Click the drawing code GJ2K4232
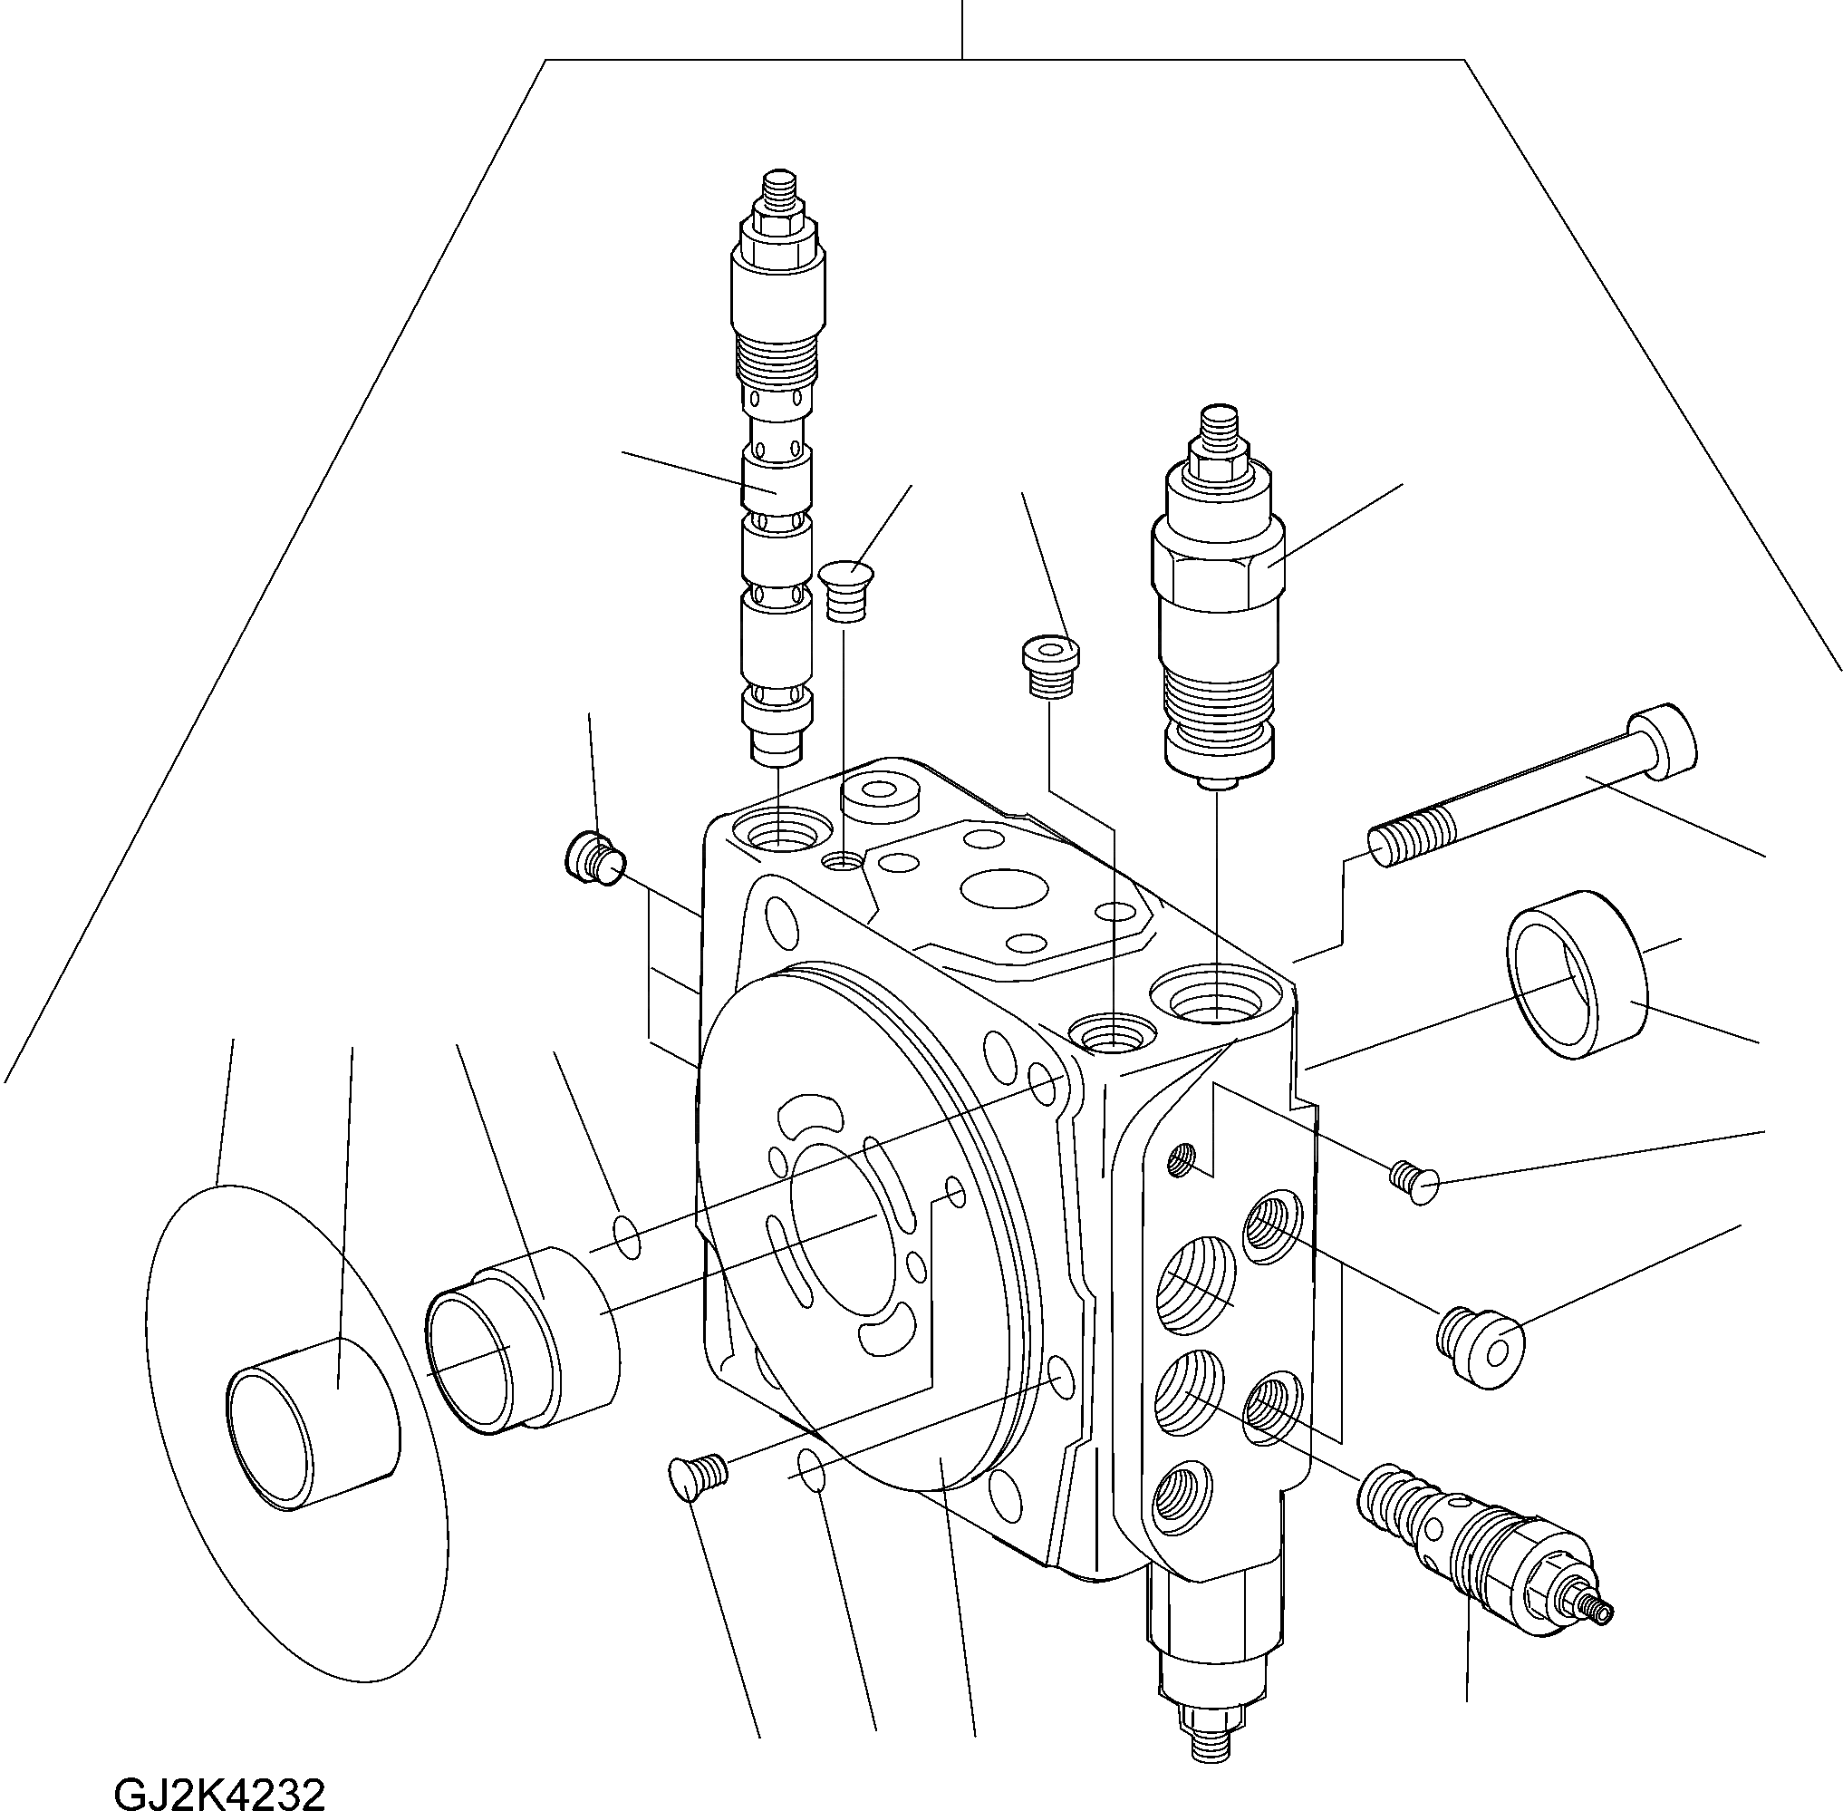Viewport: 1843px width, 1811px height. (219, 1793)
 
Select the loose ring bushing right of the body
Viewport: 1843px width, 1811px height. (1576, 975)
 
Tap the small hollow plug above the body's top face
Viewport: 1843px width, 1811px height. (1050, 667)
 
